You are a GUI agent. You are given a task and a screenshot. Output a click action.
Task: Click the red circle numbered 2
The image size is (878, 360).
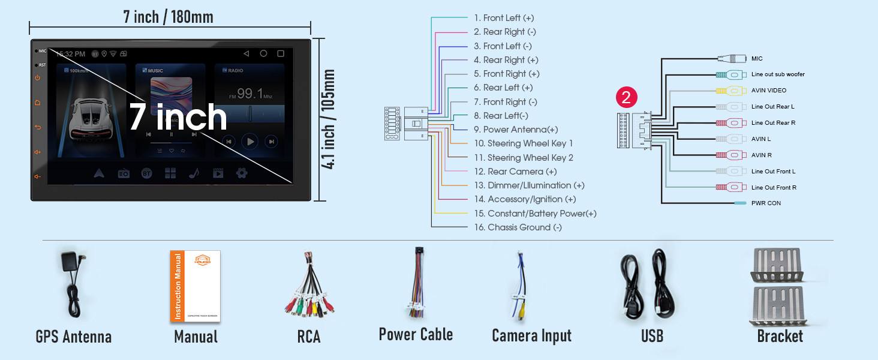pos(626,97)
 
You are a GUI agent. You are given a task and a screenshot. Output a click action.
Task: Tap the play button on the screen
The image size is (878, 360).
pos(250,142)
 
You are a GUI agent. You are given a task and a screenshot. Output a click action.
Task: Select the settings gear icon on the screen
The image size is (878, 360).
pos(242,173)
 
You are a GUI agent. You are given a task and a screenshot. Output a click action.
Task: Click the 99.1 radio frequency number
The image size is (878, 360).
pos(249,94)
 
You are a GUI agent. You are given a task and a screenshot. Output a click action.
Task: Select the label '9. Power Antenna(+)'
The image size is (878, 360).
pos(521,130)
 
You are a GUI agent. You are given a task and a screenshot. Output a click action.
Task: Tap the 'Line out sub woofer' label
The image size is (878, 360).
pos(778,74)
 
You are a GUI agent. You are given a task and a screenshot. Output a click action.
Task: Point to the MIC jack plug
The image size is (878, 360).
pos(732,59)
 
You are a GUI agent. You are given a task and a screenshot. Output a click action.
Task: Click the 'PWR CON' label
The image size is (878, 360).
pos(766,203)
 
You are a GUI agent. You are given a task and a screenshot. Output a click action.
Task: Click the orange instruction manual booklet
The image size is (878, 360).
pos(195,286)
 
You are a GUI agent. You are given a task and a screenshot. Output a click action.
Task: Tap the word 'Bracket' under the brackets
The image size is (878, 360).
pos(780,336)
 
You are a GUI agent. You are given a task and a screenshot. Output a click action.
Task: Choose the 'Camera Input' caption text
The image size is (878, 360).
pos(531,336)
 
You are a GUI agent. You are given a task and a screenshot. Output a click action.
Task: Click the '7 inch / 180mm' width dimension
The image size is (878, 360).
pos(169,17)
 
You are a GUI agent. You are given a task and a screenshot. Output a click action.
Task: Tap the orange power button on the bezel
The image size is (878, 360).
pos(37,78)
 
